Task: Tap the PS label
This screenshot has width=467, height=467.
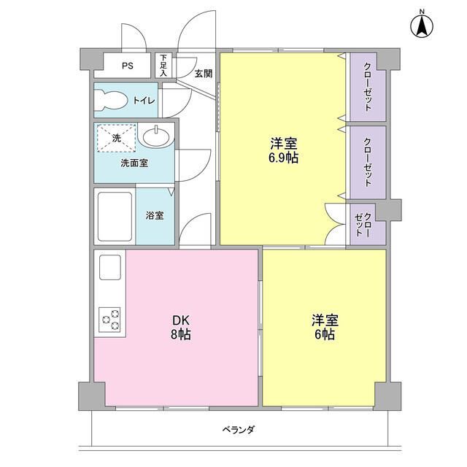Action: coord(127,66)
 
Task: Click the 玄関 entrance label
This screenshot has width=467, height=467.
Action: coord(203,73)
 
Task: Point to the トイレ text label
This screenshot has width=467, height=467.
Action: coord(143,101)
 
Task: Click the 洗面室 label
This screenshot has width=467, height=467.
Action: coord(134,163)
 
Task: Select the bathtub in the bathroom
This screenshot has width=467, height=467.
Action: coord(115,217)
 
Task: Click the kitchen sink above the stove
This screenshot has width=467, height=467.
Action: coord(109,268)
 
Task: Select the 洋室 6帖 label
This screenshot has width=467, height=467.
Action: coord(325,327)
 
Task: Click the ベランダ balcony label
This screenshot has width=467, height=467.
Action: coord(238,430)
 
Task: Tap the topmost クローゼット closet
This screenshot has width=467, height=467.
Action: coord(367,87)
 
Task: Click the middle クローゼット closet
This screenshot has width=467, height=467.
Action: coord(367,162)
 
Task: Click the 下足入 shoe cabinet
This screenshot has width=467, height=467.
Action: coord(164,66)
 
